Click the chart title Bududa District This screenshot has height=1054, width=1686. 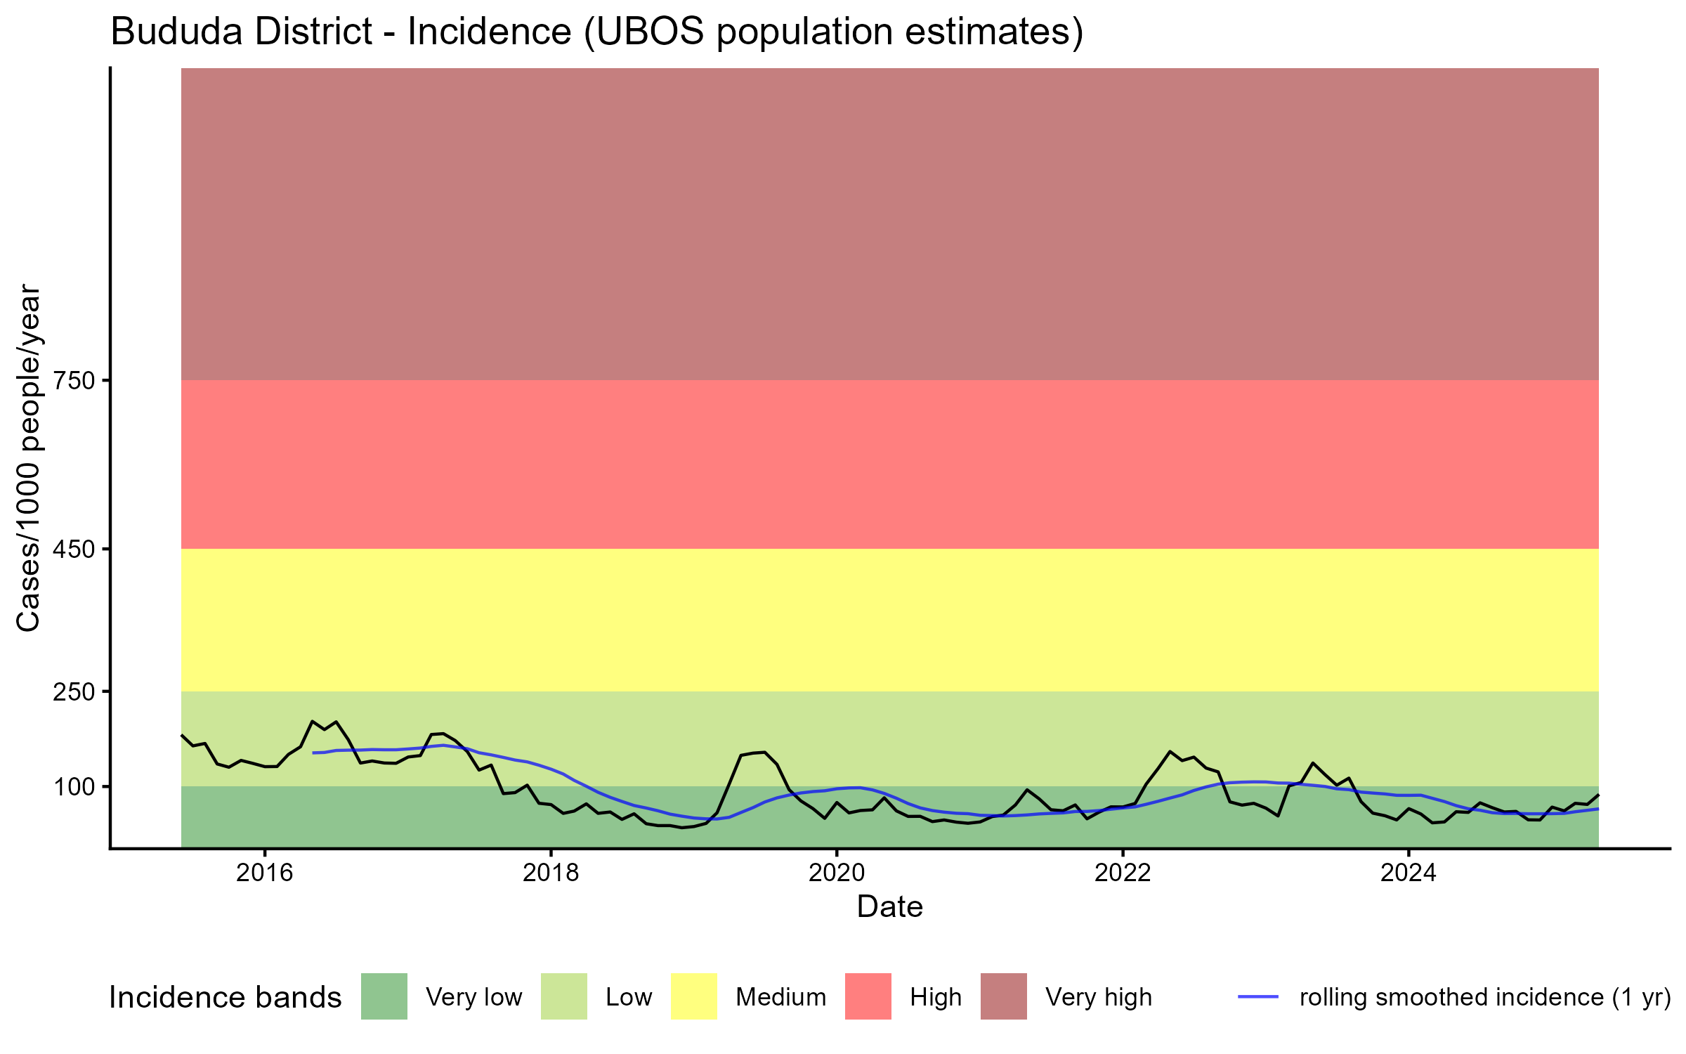coord(596,32)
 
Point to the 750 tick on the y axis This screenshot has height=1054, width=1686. coord(74,381)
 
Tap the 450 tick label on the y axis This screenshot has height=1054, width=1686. coord(74,549)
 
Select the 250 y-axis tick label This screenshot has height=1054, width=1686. coord(74,692)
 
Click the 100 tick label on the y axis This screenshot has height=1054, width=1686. coord(74,787)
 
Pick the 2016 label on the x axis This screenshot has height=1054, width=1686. coord(264,873)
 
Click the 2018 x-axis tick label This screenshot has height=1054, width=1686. coord(551,873)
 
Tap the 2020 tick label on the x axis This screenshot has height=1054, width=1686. coord(837,873)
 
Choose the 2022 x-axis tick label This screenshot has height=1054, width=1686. coord(1123,873)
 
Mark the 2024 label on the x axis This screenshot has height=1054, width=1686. coord(1409,873)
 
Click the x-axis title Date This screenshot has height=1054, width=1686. coord(889,907)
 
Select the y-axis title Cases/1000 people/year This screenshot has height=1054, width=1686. coord(29,457)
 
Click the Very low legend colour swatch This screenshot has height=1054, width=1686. coord(384,996)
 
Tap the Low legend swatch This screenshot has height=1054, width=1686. coord(564,996)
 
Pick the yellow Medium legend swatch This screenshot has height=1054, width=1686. coord(694,996)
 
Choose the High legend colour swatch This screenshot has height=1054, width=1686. coord(868,996)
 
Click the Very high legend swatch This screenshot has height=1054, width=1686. coord(1004,996)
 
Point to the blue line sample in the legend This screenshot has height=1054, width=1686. coord(1258,996)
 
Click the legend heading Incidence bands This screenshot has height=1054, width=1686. coord(226,998)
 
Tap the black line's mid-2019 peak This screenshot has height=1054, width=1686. coord(764,752)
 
